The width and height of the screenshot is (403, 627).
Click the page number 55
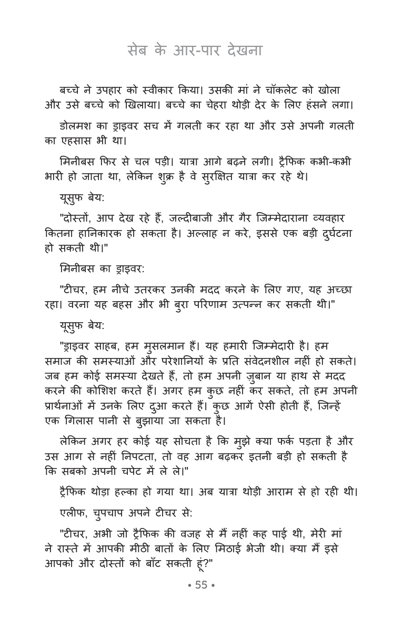point(201,585)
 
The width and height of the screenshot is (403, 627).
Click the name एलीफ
point(73,512)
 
